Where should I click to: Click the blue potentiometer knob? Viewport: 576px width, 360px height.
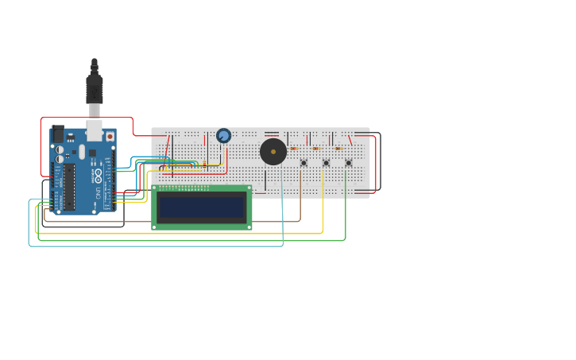(x=224, y=136)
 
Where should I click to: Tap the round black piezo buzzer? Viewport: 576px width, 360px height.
(x=273, y=151)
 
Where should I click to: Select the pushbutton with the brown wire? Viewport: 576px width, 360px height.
(x=303, y=163)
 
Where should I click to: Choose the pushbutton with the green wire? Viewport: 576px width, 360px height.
(x=348, y=163)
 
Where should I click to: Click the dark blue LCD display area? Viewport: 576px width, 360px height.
(x=201, y=207)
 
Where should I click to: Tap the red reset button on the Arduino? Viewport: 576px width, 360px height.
(x=110, y=137)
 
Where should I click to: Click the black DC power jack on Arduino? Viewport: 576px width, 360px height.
(x=57, y=134)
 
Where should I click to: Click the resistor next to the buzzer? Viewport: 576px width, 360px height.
(x=294, y=149)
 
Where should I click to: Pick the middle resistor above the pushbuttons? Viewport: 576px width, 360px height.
(x=316, y=149)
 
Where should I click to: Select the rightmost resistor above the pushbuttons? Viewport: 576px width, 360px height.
(x=338, y=149)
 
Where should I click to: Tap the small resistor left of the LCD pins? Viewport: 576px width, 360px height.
(x=204, y=164)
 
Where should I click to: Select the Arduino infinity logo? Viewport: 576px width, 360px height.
(x=99, y=174)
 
